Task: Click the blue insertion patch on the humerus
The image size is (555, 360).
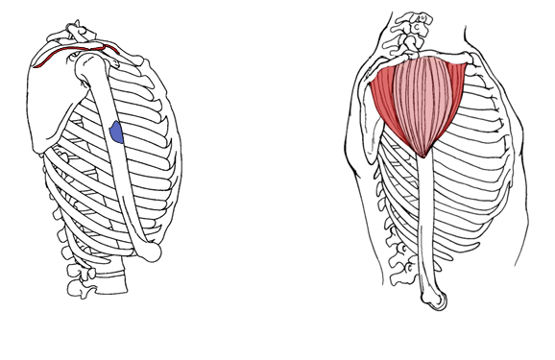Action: point(116,132)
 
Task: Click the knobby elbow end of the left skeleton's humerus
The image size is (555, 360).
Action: point(151,252)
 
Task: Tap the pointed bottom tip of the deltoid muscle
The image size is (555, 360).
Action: point(423,154)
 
